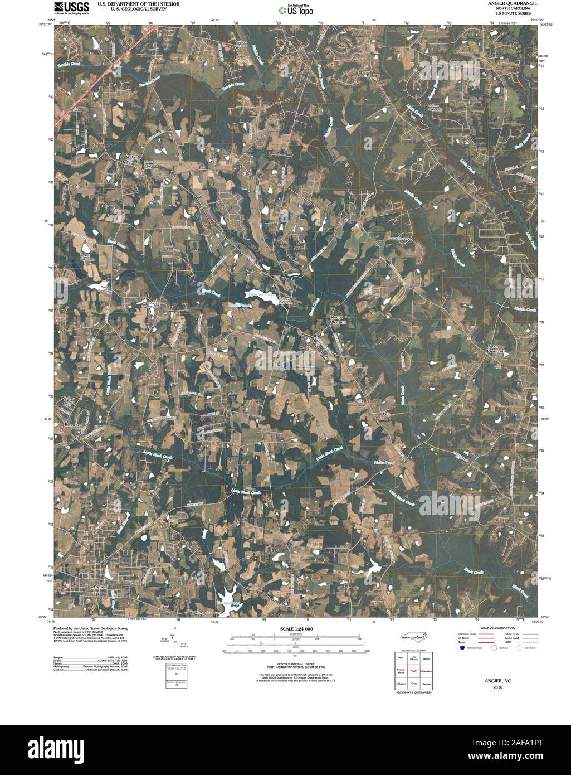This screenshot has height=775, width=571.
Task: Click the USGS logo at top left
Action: (71, 7)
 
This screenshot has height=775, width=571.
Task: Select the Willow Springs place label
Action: (131, 159)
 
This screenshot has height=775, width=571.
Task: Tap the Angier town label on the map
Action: (99, 587)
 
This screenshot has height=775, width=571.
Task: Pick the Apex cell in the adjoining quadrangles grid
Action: (401, 658)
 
